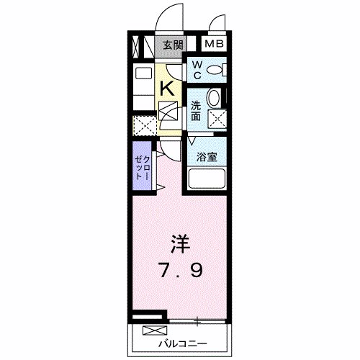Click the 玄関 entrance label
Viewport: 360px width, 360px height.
click(x=173, y=45)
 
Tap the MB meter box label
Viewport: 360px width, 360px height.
click(x=214, y=44)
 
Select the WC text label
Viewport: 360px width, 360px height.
click(x=197, y=70)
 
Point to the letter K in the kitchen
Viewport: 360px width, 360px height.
click(x=167, y=89)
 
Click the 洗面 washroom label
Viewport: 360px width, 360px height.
click(x=196, y=111)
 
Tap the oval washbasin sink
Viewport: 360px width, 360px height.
click(x=214, y=98)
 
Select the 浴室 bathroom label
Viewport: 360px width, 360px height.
click(x=207, y=157)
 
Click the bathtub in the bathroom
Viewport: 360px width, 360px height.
click(x=207, y=179)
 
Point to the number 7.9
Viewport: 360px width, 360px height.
click(x=181, y=271)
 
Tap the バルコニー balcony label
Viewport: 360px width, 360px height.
click(x=182, y=344)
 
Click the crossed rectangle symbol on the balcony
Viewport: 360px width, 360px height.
click(x=155, y=330)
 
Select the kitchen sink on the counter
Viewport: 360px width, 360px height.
click(x=144, y=73)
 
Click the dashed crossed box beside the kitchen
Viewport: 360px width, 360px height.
click(x=145, y=126)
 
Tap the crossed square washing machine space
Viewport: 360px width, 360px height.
click(x=217, y=120)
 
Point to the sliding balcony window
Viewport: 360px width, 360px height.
click(x=197, y=320)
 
